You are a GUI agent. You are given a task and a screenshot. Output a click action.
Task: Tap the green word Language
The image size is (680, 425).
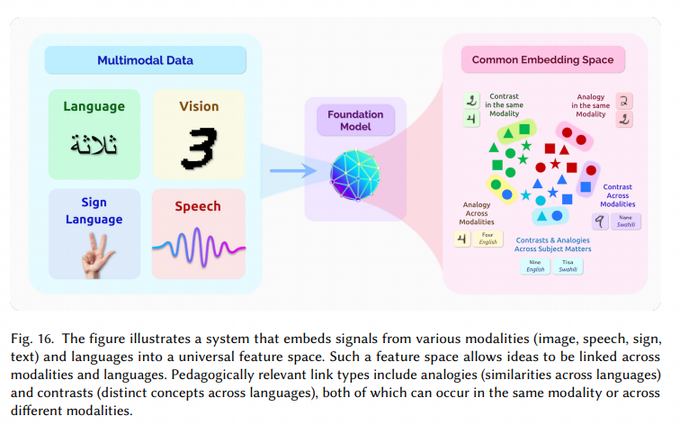coord(94,106)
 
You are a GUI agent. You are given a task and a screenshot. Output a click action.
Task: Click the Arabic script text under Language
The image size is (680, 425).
coord(94,140)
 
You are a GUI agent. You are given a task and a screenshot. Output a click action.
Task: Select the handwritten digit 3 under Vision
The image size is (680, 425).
coord(195,146)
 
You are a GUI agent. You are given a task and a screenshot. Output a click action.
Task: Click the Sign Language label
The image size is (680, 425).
coord(94,212)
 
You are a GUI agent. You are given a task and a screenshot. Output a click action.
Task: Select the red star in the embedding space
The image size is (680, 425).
coord(556,164)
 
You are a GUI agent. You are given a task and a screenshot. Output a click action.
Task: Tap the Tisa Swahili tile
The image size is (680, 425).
coord(568,267)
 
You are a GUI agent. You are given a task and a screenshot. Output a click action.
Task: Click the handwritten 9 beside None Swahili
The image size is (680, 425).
coord(600,221)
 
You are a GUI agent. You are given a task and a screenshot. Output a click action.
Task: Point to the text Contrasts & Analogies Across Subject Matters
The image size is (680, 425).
coord(553,245)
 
